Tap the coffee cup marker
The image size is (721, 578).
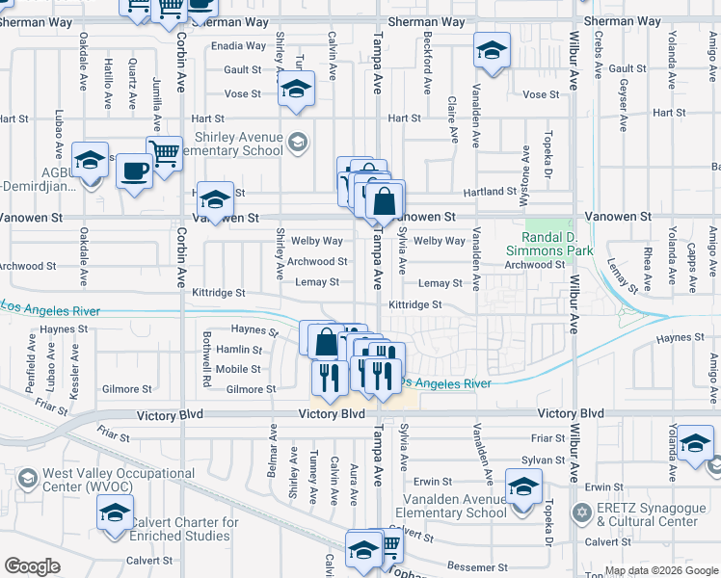134,171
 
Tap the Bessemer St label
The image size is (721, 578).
468,567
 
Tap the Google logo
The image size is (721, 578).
32,566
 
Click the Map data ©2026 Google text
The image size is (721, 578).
660,570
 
